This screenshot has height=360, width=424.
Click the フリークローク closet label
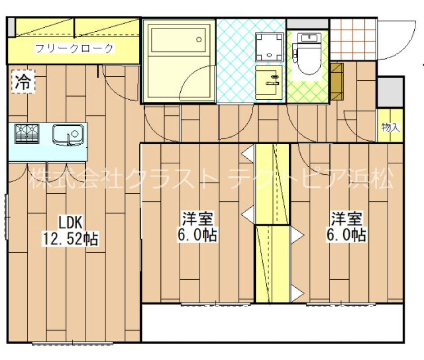[x=74, y=48]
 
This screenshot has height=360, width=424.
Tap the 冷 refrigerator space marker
[x=23, y=82]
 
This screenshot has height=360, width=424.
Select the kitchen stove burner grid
[x=27, y=134]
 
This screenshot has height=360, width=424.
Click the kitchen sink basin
[x=68, y=134]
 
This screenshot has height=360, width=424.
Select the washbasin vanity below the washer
[x=269, y=82]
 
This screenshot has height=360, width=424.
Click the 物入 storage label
[x=390, y=128]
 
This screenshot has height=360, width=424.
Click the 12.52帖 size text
[x=70, y=239]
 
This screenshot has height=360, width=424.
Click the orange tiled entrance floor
[x=352, y=39]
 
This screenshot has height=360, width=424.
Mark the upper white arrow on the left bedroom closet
[x=247, y=153]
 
